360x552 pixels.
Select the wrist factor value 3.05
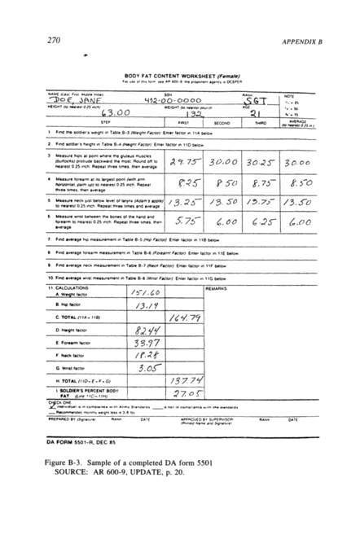(x=144, y=367)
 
